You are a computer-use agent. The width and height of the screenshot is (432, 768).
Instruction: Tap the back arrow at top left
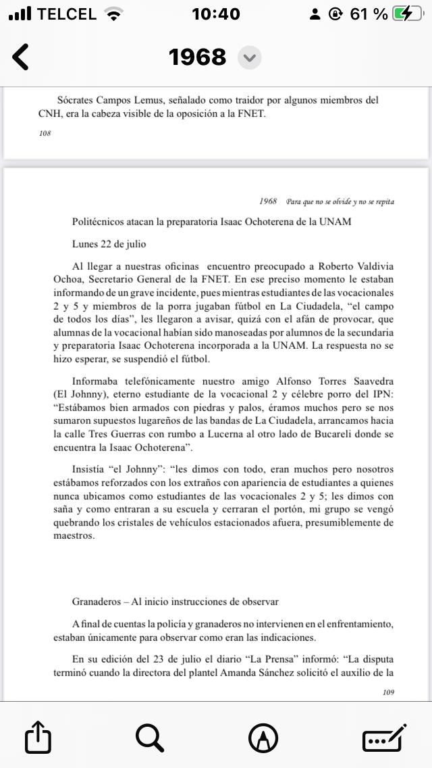click(x=21, y=57)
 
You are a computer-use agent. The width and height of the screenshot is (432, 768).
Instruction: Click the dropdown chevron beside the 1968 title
click(x=250, y=57)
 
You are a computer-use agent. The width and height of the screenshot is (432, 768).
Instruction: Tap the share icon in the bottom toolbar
click(x=38, y=737)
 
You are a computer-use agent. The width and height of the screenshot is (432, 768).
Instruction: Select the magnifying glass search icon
click(x=150, y=737)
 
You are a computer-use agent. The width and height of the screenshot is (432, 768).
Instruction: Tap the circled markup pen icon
click(x=263, y=737)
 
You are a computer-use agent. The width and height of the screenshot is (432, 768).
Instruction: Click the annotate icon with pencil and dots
click(x=384, y=737)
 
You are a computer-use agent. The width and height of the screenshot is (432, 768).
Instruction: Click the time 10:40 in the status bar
click(x=216, y=14)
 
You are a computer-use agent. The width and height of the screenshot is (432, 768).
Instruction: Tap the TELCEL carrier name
click(x=66, y=14)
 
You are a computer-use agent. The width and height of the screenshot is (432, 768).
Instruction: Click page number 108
click(x=45, y=133)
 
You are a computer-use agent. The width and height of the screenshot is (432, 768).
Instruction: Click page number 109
click(x=388, y=692)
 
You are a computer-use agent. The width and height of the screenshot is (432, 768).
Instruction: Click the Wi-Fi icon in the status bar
click(x=115, y=14)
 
